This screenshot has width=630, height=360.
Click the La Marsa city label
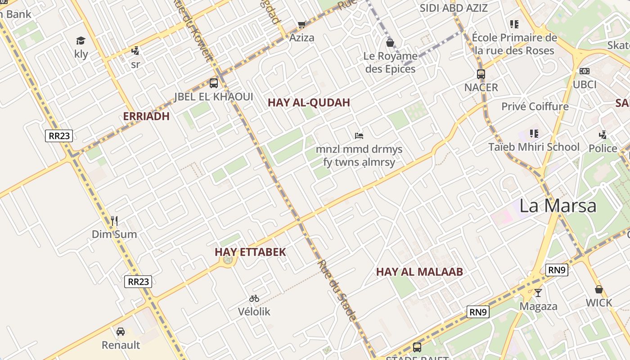pyautogui.click(x=558, y=206)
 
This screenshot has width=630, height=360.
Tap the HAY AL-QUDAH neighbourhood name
pyautogui.click(x=309, y=103)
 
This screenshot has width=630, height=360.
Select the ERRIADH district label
pyautogui.click(x=146, y=116)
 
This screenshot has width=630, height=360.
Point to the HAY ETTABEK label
pyautogui.click(x=250, y=252)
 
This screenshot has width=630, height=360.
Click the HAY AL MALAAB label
pyautogui.click(x=419, y=272)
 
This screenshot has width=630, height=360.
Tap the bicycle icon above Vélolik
pyautogui.click(x=254, y=298)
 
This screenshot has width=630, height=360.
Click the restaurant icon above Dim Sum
pyautogui.click(x=114, y=220)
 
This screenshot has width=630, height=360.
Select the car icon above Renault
pyautogui.click(x=121, y=332)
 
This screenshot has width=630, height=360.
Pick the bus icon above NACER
pyautogui.click(x=481, y=74)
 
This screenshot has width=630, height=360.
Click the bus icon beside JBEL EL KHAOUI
pyautogui.click(x=214, y=83)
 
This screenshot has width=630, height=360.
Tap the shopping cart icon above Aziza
pyautogui.click(x=301, y=24)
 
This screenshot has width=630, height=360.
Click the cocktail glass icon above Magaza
pyautogui.click(x=538, y=293)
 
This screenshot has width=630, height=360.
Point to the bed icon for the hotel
pyautogui.click(x=359, y=135)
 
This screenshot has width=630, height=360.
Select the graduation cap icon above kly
pyautogui.click(x=81, y=40)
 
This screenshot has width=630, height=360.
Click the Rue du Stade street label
pyautogui.click(x=337, y=290)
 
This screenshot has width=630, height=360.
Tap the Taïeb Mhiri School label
pyautogui.click(x=534, y=147)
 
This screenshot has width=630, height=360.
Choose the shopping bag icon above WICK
pyautogui.click(x=598, y=289)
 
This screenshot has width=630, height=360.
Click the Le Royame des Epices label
pyautogui.click(x=391, y=63)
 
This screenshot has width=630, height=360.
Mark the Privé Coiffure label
pyautogui.click(x=535, y=107)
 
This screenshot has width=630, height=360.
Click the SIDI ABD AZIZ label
pyautogui.click(x=454, y=8)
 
